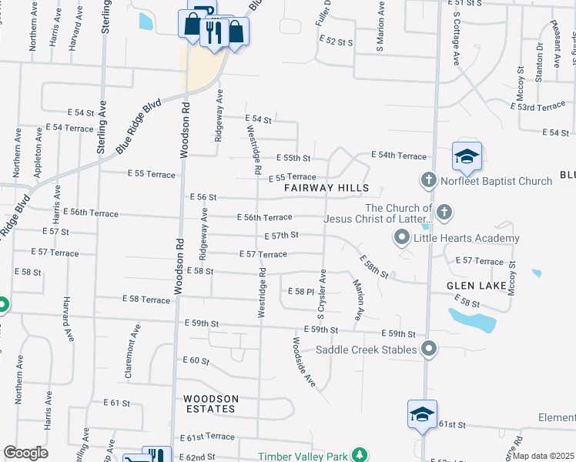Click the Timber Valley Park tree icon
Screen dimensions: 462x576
point(358,455)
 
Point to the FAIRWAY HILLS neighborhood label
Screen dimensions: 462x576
point(327,188)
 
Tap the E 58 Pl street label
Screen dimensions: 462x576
point(300,291)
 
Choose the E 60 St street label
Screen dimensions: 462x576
point(196,360)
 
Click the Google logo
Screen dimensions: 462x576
point(25,453)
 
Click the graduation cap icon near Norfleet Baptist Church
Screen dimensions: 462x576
point(467,156)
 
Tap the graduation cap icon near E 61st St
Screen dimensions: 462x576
point(422,414)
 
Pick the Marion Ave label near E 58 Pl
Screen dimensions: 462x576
point(357,300)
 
